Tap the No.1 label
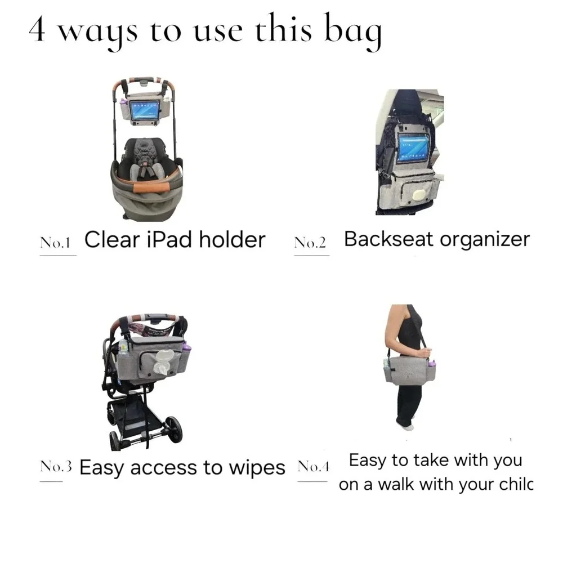pyautogui.click(x=55, y=243)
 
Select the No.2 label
pyautogui.click(x=310, y=243)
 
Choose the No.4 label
pyautogui.click(x=312, y=467)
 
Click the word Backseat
pyautogui.click(x=388, y=239)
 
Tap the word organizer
pyautogui.click(x=485, y=240)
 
